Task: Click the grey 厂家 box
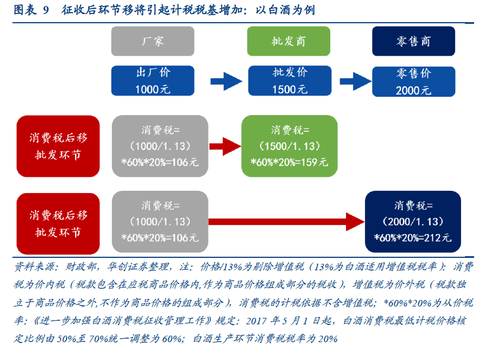pyautogui.click(x=152, y=41)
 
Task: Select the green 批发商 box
pyautogui.click(x=288, y=41)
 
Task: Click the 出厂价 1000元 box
pyautogui.click(x=152, y=81)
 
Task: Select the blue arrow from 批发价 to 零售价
pyautogui.click(x=354, y=82)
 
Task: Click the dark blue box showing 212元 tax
pyautogui.click(x=413, y=222)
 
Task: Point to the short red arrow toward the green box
pyautogui.click(x=224, y=146)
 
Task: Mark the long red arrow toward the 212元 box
pyautogui.click(x=286, y=222)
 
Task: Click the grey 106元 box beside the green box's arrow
pyautogui.click(x=160, y=146)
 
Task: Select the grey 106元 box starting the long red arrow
pyautogui.click(x=160, y=222)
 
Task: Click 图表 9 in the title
pyautogui.click(x=31, y=10)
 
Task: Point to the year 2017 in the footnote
pyautogui.click(x=259, y=321)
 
